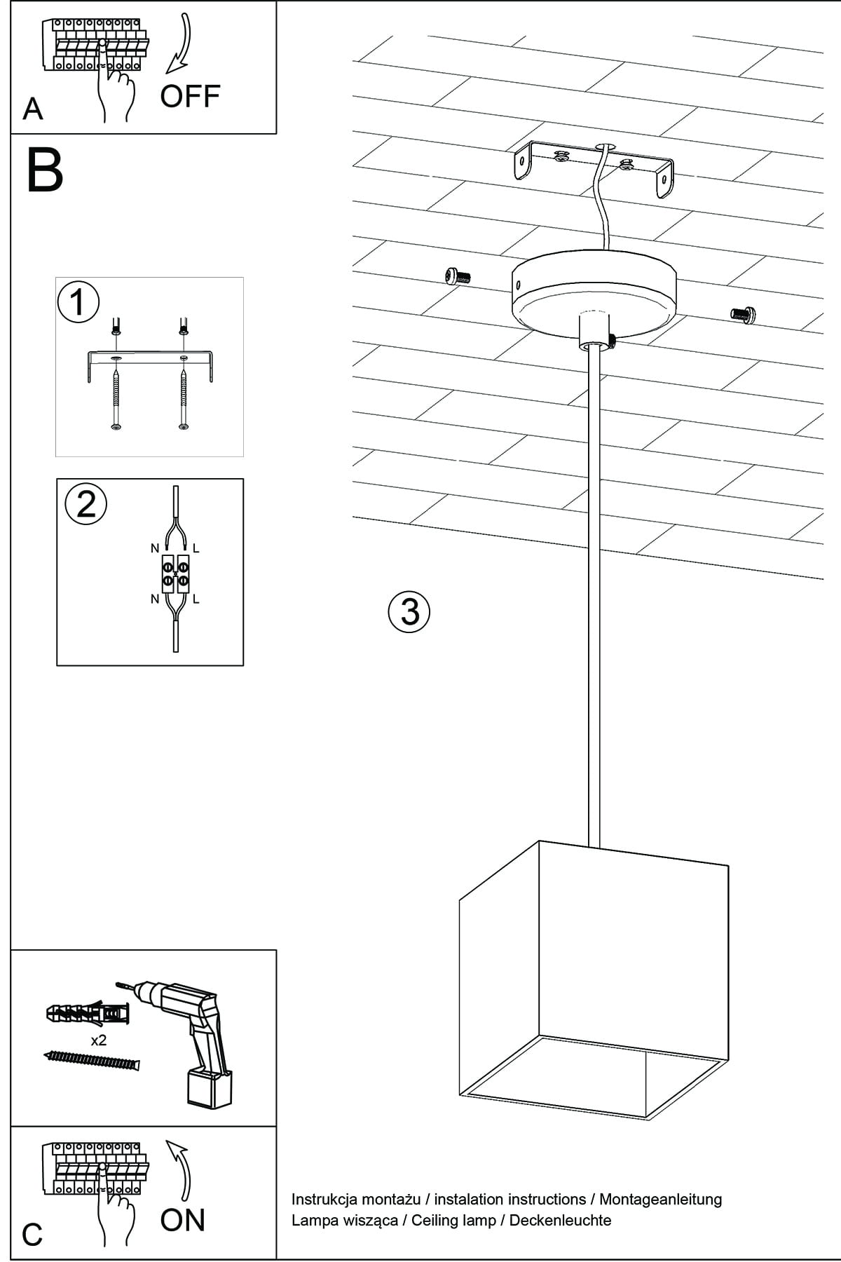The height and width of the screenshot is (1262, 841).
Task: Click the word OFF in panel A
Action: (x=190, y=96)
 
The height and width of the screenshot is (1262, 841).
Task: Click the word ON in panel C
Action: (x=183, y=1220)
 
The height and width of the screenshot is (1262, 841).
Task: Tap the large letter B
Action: (x=45, y=170)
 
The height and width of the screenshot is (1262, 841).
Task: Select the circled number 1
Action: (x=78, y=303)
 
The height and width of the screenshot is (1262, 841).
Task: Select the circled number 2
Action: (x=86, y=504)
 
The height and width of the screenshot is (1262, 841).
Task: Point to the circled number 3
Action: (x=409, y=611)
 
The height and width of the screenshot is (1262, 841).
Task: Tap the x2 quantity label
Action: (x=99, y=1040)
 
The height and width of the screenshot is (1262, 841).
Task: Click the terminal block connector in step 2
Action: (x=175, y=574)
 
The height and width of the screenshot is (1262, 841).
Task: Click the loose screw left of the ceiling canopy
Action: (x=457, y=276)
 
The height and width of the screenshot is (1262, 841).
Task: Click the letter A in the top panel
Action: (x=32, y=109)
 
